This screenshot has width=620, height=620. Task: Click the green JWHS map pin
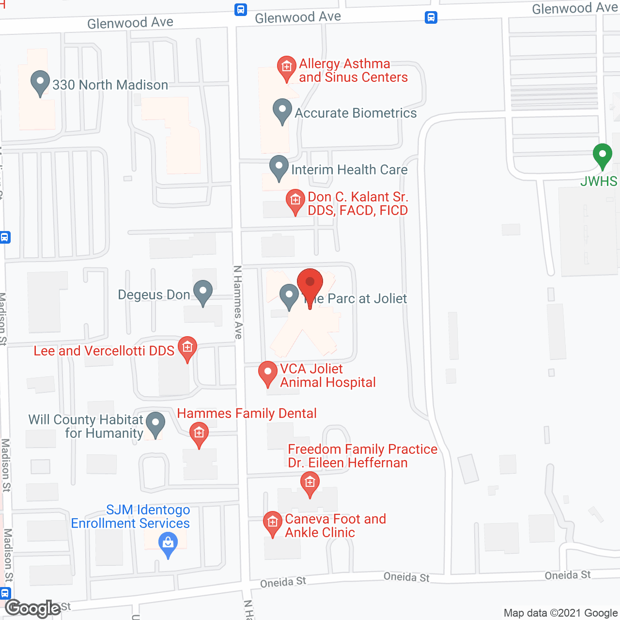[x=602, y=155]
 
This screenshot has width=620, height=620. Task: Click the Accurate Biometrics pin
[x=282, y=110]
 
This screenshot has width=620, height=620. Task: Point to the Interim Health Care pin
[x=279, y=167]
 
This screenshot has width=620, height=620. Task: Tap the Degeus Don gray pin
[x=203, y=292]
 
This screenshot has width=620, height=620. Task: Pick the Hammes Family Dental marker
[x=199, y=434]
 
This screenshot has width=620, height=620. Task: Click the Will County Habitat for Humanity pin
[x=155, y=423]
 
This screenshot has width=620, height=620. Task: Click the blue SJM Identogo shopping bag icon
[x=168, y=544]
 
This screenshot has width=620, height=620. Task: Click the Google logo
[x=32, y=608]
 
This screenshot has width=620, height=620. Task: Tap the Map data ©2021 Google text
[x=560, y=613]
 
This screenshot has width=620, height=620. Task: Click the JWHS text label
[x=599, y=181]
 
